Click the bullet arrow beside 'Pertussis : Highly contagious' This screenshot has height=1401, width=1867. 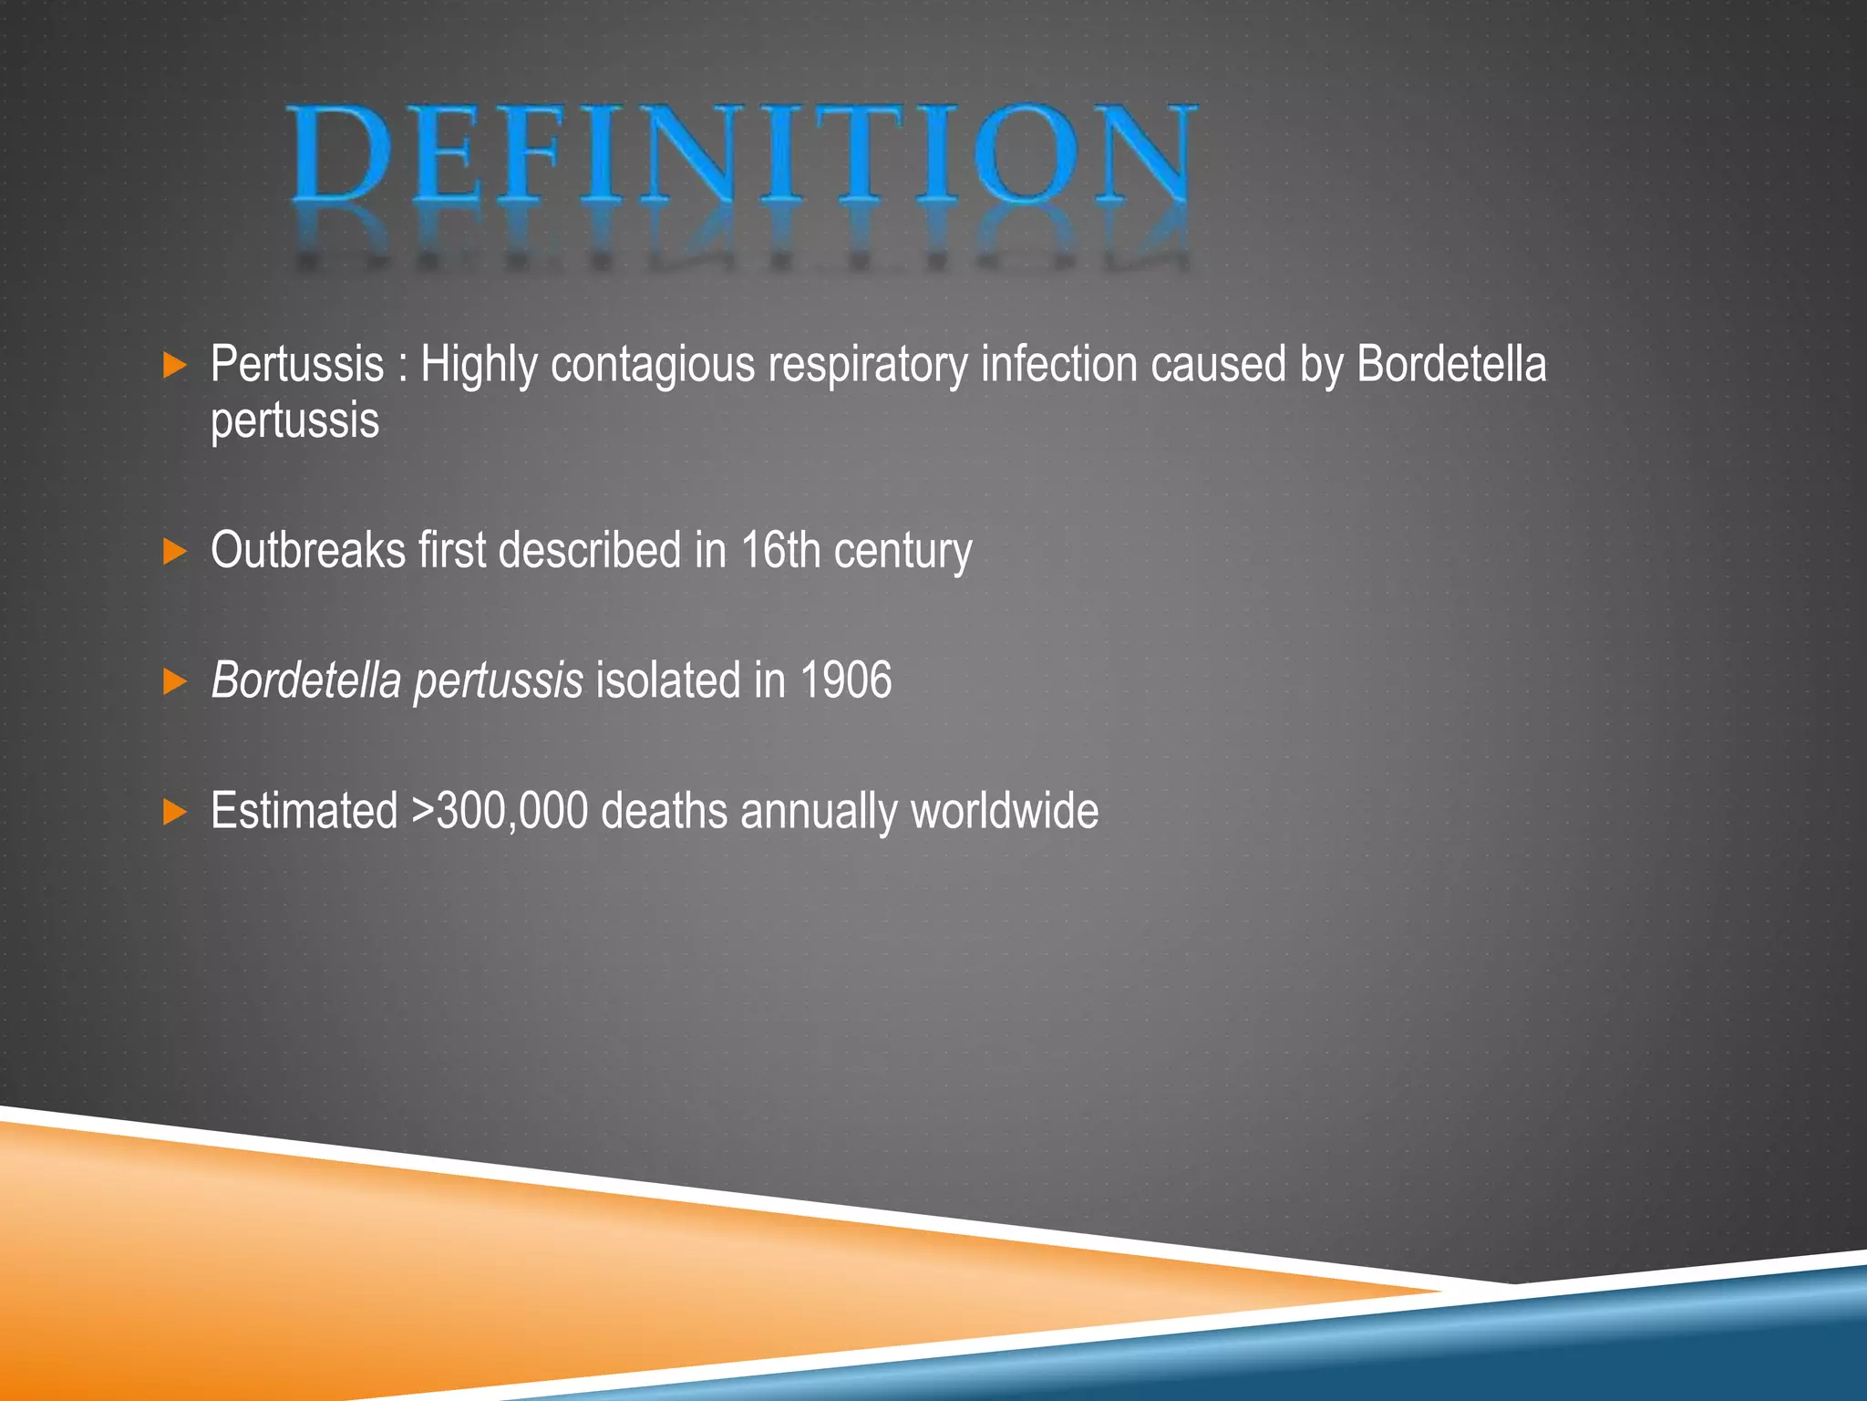[x=174, y=366]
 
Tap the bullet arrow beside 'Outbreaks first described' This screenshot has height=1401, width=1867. [x=174, y=551]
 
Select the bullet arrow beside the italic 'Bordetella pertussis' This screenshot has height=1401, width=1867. [x=174, y=681]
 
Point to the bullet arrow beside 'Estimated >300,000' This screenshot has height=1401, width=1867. [x=174, y=812]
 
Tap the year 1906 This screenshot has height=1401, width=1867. [x=846, y=681]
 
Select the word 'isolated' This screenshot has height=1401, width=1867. [x=668, y=681]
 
